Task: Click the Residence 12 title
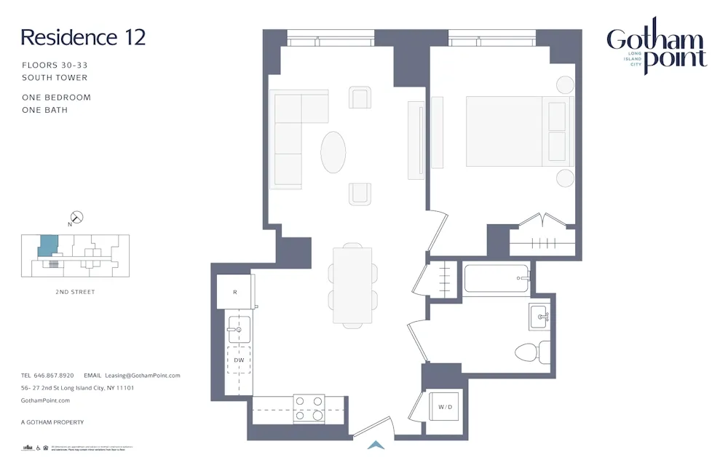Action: pos(83,37)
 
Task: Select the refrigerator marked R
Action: pos(234,292)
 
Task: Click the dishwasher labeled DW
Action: pos(239,360)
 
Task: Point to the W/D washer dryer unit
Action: pos(445,406)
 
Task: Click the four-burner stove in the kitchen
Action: pos(309,408)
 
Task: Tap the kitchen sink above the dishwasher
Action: pos(239,329)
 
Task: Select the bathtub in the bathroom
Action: pos(496,279)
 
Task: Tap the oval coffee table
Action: pos(333,151)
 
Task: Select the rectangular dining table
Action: pos(353,285)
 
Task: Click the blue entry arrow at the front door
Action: pos(376,445)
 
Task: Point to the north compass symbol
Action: pos(76,217)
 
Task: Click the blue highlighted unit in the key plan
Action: pos(47,245)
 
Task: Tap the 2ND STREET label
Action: pos(75,292)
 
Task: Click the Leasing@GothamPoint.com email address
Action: pos(143,376)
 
